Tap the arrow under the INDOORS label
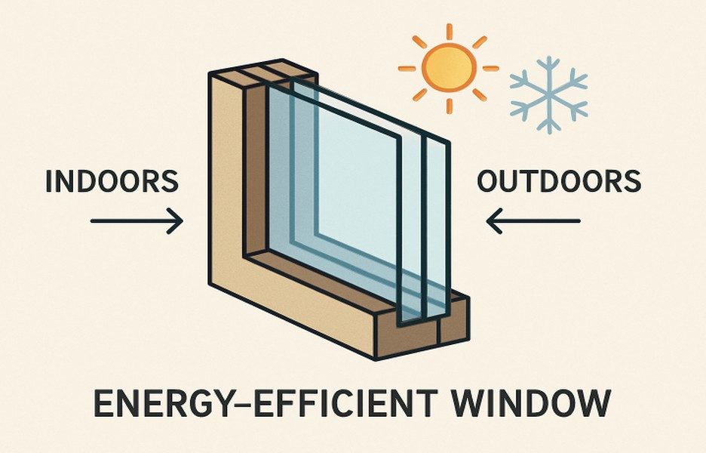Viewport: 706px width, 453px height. tap(137, 221)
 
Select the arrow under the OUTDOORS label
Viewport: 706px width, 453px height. tap(533, 221)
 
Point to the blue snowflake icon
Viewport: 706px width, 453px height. tap(549, 94)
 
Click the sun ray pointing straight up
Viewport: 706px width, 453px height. tap(449, 32)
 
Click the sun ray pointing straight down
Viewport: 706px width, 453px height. tap(450, 106)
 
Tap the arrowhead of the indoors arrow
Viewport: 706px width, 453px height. tap(176, 221)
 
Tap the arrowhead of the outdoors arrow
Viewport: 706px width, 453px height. tap(494, 221)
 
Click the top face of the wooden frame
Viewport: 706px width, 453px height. tap(263, 71)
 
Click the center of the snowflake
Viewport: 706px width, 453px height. tap(549, 94)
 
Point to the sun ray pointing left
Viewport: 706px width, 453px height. tap(407, 69)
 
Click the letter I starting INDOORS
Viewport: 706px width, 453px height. tap(49, 181)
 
